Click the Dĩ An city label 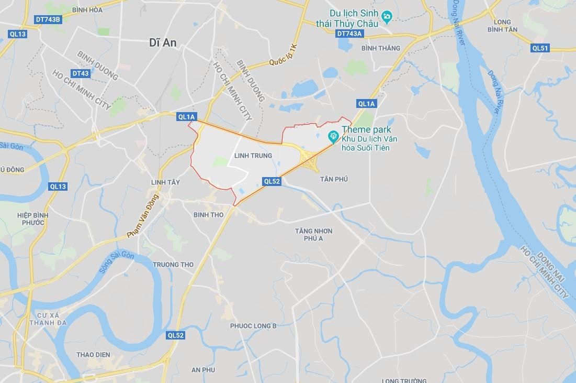163,43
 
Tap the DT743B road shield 48,19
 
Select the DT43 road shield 81,73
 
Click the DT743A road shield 349,34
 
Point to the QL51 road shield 540,48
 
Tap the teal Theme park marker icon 333,137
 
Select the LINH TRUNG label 253,156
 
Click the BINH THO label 208,215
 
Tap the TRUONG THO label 173,264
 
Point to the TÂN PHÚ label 334,179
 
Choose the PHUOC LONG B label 253,326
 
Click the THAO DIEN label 93,355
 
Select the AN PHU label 203,370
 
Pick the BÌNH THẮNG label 381,48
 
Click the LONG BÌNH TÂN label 502,26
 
